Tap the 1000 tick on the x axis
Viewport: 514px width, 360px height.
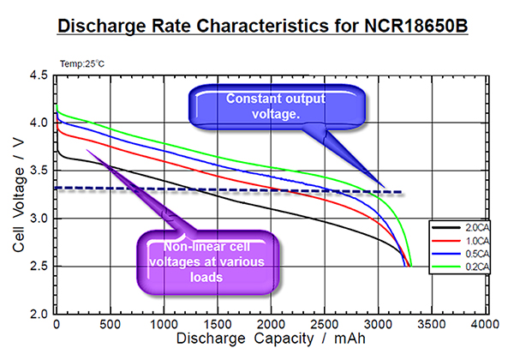pos(164,325)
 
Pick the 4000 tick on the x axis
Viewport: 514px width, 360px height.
pos(485,325)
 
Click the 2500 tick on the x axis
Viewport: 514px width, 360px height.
pos(325,325)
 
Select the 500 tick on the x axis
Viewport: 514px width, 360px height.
pos(111,325)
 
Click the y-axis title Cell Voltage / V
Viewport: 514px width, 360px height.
pos(18,195)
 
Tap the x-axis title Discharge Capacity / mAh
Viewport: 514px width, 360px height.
pos(272,340)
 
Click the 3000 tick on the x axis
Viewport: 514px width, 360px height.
pos(378,325)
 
